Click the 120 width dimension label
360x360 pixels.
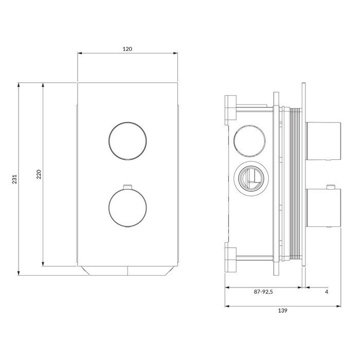pyautogui.click(x=128, y=49)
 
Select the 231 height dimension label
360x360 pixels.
pyautogui.click(x=15, y=179)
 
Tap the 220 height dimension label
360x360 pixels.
pyautogui.click(x=39, y=174)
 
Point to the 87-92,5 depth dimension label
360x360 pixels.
pyautogui.click(x=263, y=292)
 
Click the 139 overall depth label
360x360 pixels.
pyautogui.click(x=283, y=311)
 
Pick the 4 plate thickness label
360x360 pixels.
pyautogui.click(x=327, y=292)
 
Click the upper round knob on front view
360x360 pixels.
pyautogui.click(x=128, y=141)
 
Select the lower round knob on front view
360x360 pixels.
pyautogui.click(x=128, y=208)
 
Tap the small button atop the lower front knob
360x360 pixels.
pyautogui.click(x=128, y=187)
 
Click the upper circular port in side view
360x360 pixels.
pyautogui.click(x=250, y=141)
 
